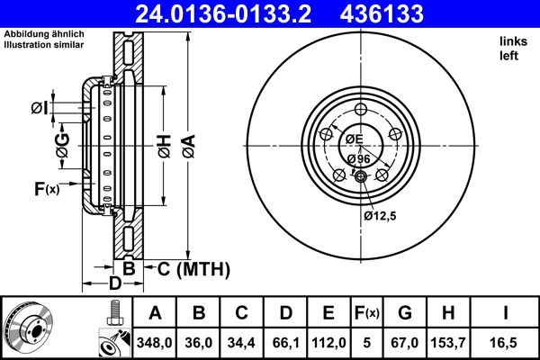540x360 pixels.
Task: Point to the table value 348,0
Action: (155, 341)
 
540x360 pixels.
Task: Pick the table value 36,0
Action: (200, 341)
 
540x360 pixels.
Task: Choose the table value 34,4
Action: (243, 341)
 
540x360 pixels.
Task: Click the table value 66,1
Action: (287, 341)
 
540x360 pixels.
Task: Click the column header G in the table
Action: (405, 314)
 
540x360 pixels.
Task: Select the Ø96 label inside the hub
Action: (358, 158)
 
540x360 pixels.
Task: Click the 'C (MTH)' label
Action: (193, 269)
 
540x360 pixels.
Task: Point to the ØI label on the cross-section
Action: (39, 109)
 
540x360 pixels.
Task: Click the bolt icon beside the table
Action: (113, 316)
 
